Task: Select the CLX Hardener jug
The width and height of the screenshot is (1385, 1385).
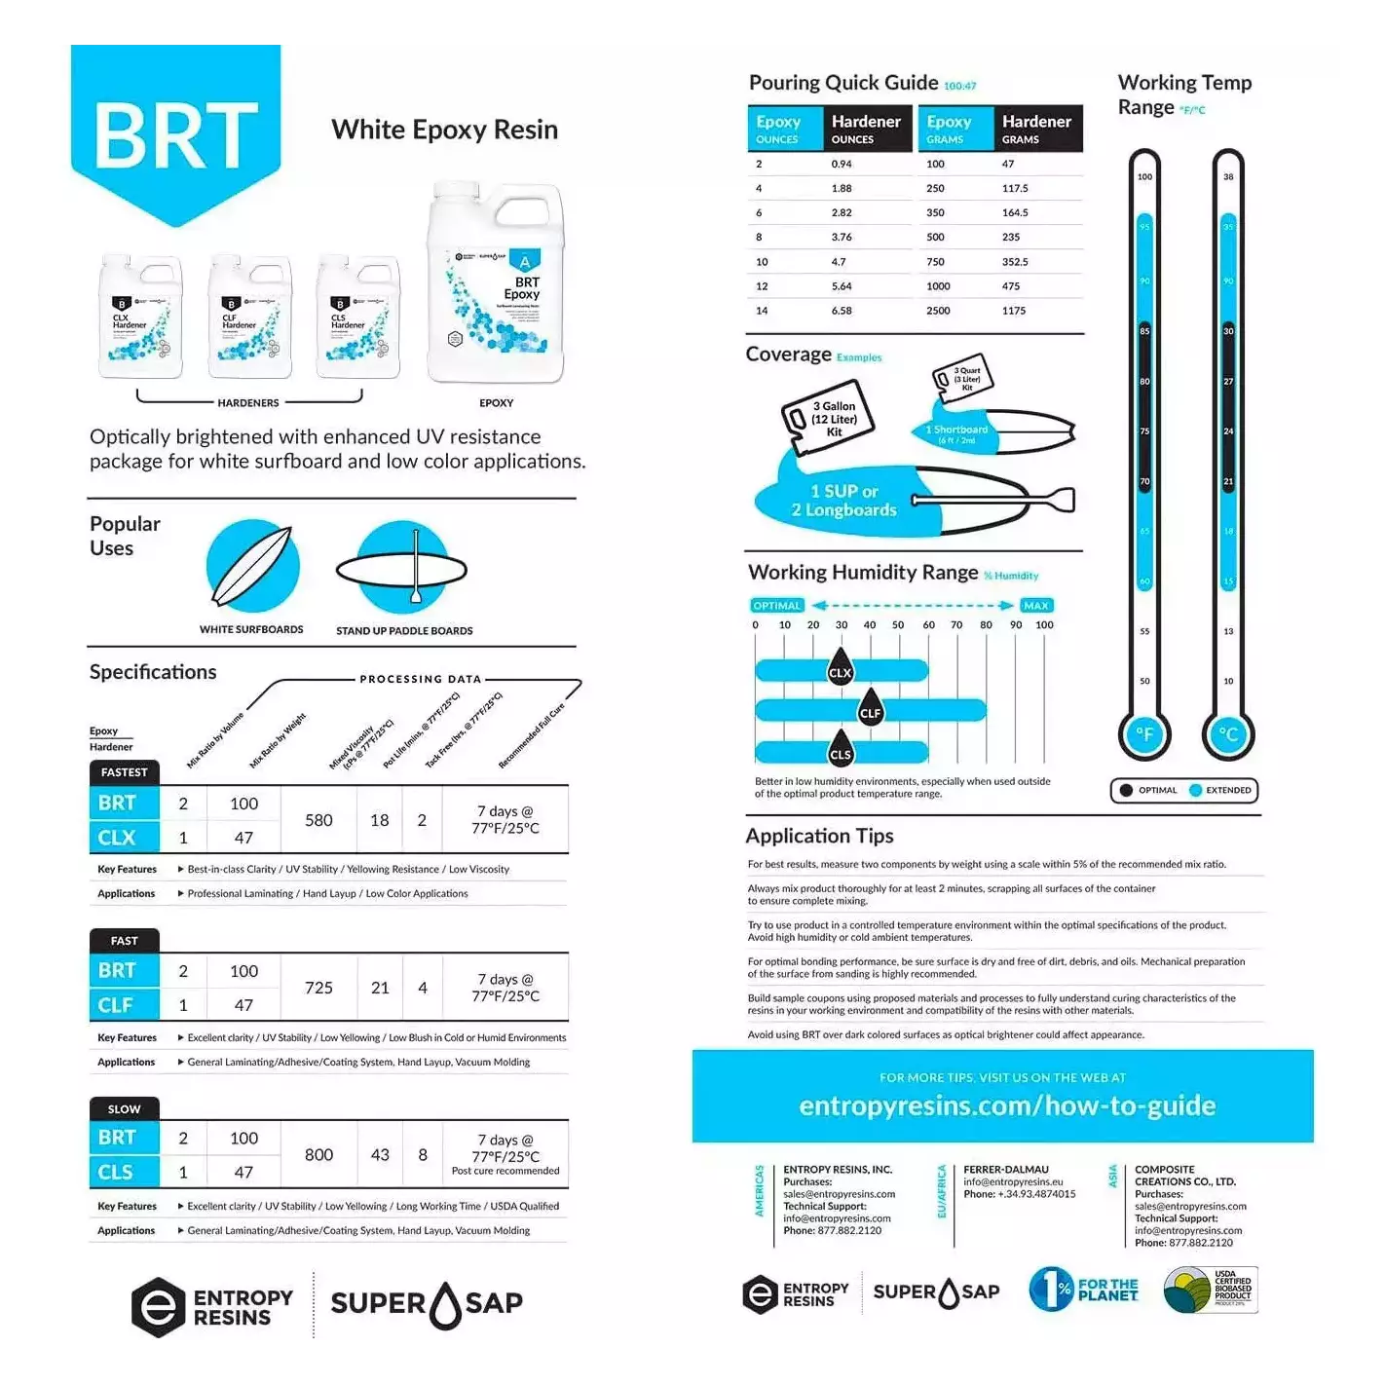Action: [x=140, y=318]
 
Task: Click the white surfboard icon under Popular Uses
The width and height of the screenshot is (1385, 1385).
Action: [x=252, y=566]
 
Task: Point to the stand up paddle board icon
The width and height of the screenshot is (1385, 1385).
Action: [x=402, y=570]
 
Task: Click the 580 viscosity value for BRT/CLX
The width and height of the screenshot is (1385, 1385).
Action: [x=318, y=820]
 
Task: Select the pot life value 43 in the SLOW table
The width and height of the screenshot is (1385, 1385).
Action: [x=380, y=1154]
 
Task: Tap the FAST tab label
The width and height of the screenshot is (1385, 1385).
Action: [x=124, y=941]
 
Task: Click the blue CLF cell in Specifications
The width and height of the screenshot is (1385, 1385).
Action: [x=116, y=1004]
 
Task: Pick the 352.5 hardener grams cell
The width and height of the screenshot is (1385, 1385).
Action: [x=1015, y=262]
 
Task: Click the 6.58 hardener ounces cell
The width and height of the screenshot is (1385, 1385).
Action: [x=842, y=311]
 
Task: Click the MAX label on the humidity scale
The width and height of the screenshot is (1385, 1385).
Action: [x=1036, y=606]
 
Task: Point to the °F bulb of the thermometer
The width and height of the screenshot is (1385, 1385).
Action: [x=1144, y=735]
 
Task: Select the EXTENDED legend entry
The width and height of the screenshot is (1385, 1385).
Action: [x=1221, y=790]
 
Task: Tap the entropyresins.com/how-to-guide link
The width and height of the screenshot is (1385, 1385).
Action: [x=1007, y=1105]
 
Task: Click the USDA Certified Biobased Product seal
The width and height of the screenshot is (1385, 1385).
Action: [x=1211, y=1291]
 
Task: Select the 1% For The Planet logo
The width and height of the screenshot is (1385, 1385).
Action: [x=1083, y=1290]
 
